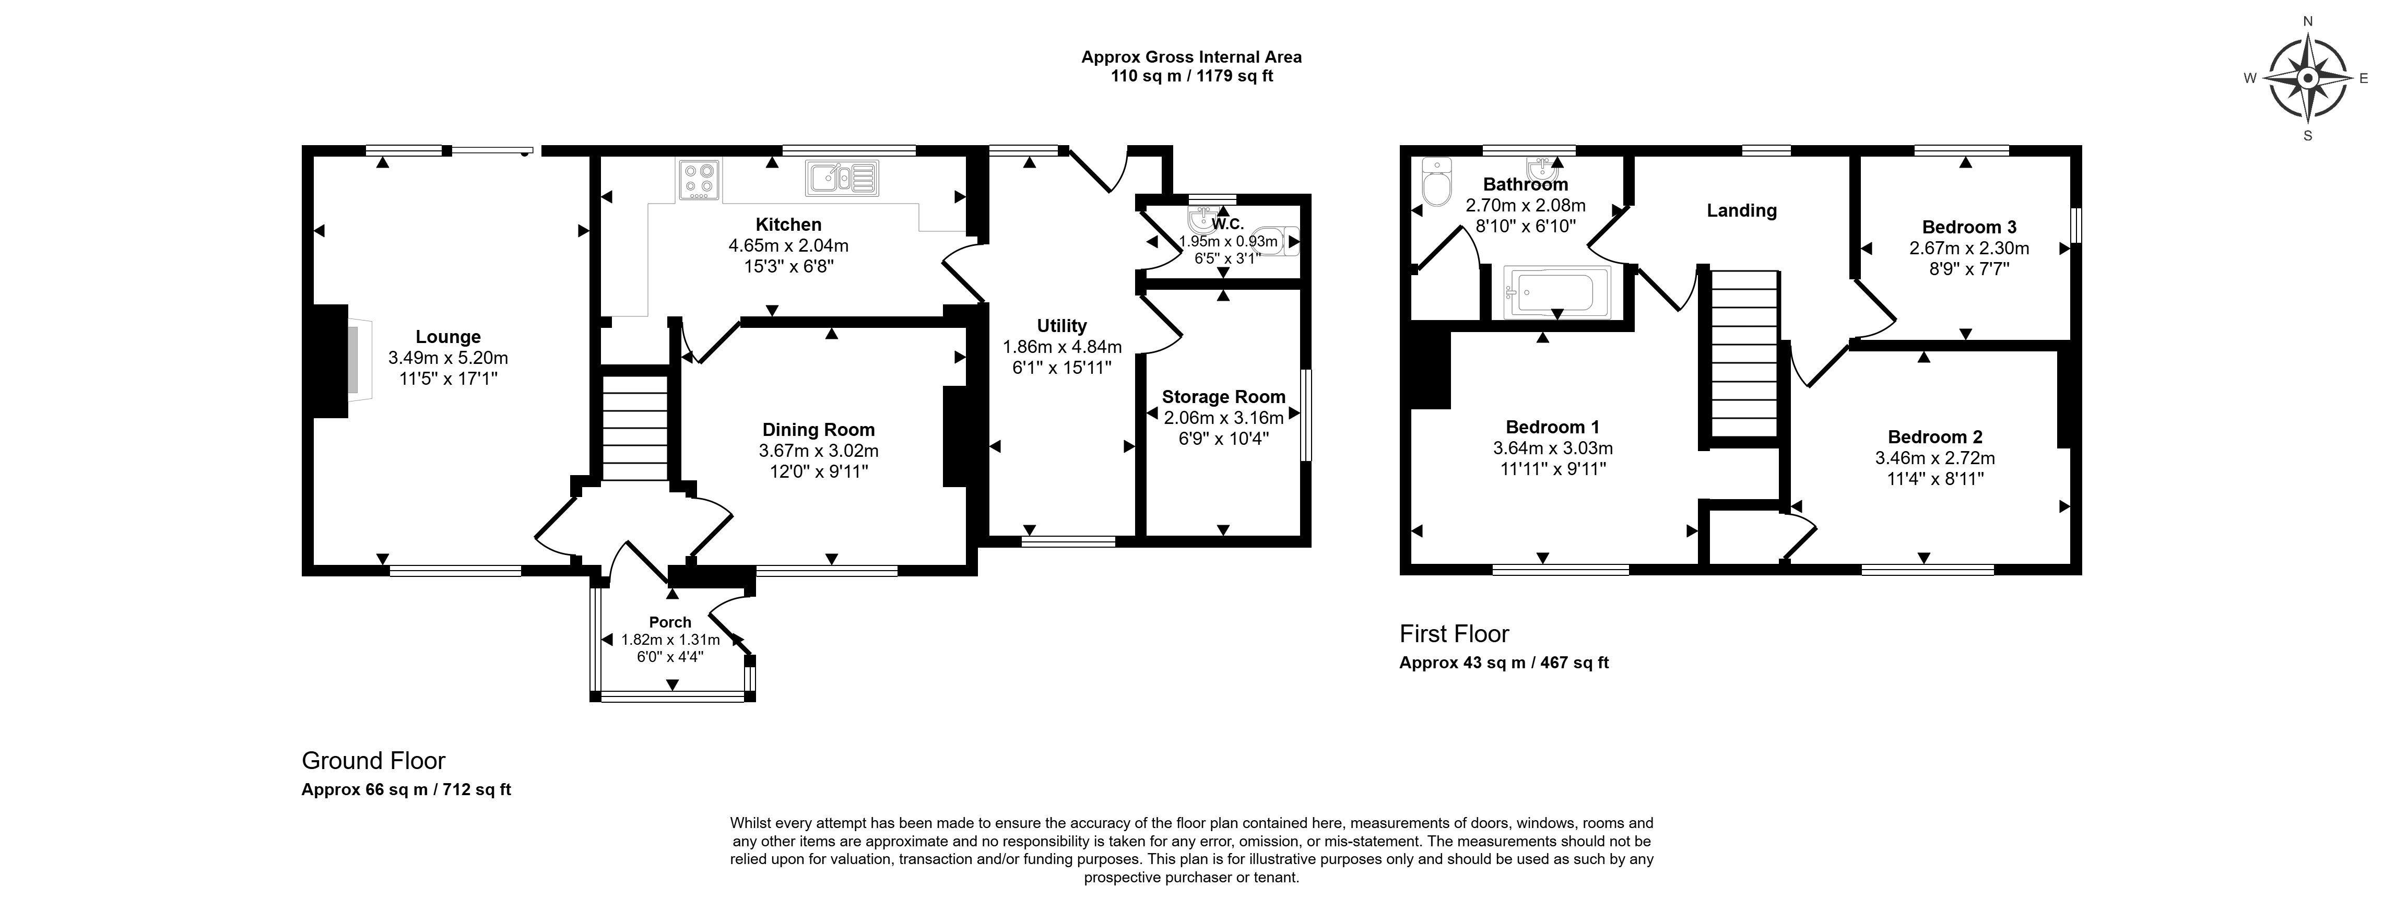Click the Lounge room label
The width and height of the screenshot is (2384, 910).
(x=448, y=337)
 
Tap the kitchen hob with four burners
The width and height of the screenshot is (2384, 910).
(x=699, y=180)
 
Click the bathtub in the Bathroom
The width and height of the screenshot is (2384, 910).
(x=1556, y=292)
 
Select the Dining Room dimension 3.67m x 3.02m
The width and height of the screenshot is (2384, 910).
(x=818, y=451)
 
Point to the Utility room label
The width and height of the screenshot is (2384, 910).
(x=1061, y=326)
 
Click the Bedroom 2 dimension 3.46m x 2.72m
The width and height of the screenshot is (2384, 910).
(x=1934, y=458)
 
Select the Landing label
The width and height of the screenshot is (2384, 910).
(x=1741, y=210)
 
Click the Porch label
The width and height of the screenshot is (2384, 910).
(x=670, y=622)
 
